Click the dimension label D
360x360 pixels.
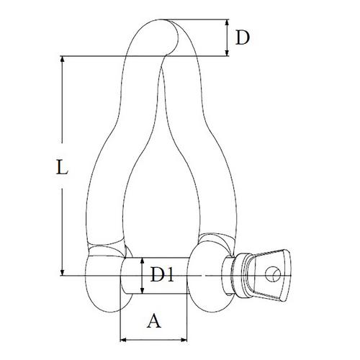pos(243,37)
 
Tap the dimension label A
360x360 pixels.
pos(154,322)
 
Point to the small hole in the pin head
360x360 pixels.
pos(274,272)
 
